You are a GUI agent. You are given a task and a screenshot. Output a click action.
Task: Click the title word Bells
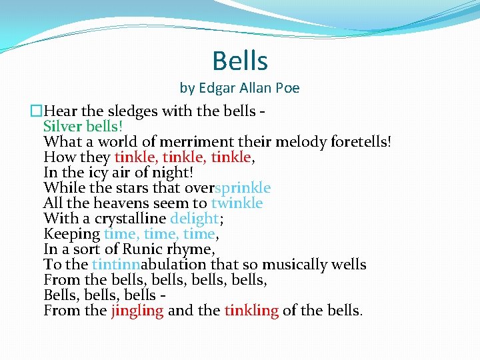point(240,61)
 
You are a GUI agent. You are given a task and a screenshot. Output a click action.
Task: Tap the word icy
point(94,172)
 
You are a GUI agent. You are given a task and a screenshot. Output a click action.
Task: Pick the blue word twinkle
point(237,203)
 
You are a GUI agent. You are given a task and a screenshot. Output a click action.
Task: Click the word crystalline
point(130,218)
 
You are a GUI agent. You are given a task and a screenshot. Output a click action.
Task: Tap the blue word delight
point(194,218)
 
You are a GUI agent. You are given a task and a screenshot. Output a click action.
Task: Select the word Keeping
point(71,233)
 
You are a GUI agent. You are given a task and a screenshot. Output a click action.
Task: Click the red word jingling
point(137,310)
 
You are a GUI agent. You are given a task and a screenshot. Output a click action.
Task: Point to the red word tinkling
point(251,310)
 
